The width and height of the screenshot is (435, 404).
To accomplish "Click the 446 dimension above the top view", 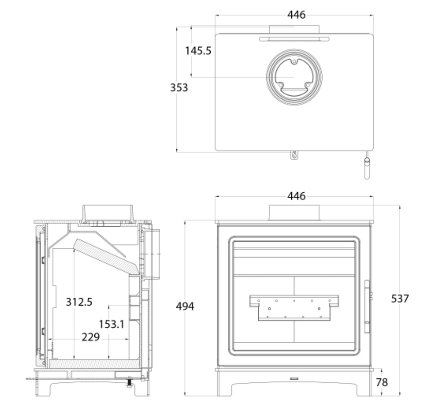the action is click(x=296, y=15).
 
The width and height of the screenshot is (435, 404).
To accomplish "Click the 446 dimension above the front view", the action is click(x=296, y=196).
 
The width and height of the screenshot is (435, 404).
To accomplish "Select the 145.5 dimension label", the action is click(x=198, y=51).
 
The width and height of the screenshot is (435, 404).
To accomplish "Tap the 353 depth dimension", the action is click(x=179, y=88).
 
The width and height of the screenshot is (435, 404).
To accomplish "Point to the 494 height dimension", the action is click(x=185, y=307).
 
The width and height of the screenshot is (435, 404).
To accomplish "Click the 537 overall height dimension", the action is click(x=400, y=299).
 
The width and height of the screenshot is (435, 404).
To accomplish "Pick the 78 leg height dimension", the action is click(x=382, y=383).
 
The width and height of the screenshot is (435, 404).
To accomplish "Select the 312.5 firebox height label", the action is click(x=79, y=302).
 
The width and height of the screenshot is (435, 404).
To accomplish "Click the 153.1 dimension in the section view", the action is click(x=112, y=324).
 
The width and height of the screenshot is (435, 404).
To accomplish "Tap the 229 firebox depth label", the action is click(x=91, y=337).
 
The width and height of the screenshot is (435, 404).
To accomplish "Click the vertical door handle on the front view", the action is click(x=367, y=306).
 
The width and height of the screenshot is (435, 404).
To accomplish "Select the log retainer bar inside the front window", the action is click(x=294, y=308).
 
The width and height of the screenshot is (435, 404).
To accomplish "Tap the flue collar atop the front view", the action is click(x=294, y=213).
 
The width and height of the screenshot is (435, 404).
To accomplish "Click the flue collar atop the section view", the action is click(x=107, y=213).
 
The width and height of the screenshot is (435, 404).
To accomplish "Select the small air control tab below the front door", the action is click(x=294, y=378).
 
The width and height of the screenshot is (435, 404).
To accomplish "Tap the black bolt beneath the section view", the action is click(x=129, y=383).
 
